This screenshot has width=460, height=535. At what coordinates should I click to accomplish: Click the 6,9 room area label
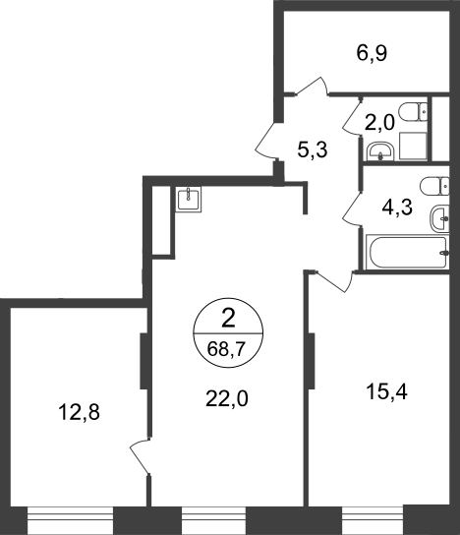click(x=372, y=54)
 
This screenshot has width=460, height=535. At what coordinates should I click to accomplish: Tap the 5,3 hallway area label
click(x=313, y=149)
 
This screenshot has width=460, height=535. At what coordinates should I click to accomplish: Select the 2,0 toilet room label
click(x=379, y=123)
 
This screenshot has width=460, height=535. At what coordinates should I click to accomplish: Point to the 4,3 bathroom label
click(x=397, y=208)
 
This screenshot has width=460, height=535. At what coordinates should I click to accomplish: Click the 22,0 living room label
click(x=227, y=398)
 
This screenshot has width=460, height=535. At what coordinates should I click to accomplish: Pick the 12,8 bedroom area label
click(x=79, y=412)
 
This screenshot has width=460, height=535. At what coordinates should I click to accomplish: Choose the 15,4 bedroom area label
click(x=386, y=391)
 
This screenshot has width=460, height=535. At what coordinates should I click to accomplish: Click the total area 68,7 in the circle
click(x=226, y=349)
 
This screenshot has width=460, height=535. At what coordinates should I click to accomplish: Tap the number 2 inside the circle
click(x=228, y=320)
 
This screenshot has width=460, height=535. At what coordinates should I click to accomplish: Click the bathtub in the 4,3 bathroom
click(x=407, y=252)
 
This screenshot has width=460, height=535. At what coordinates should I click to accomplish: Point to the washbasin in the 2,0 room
click(x=380, y=151)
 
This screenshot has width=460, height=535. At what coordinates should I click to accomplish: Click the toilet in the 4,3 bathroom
click(x=434, y=186)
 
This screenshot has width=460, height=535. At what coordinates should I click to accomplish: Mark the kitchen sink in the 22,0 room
click(x=189, y=199)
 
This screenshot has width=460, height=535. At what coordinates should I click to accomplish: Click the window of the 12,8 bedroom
click(x=70, y=520)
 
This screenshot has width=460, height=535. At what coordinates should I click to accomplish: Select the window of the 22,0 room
click(x=213, y=520)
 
